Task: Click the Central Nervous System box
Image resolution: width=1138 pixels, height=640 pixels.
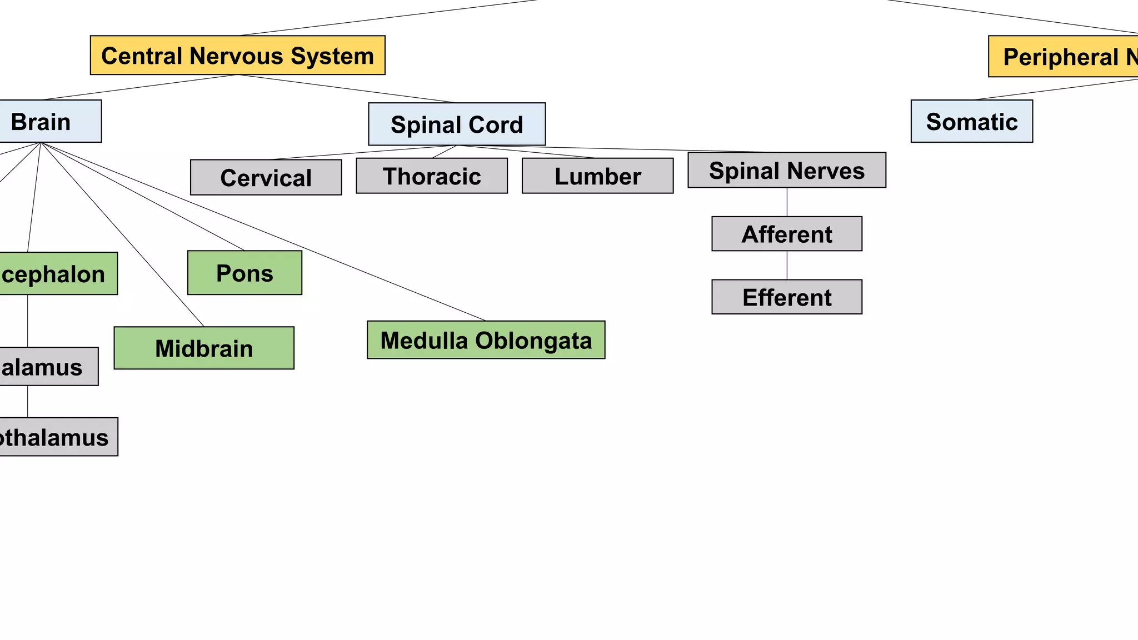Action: coord(237,56)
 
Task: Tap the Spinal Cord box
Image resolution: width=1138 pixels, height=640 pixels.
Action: coord(457,124)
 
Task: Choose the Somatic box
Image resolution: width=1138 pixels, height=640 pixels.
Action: coord(971,121)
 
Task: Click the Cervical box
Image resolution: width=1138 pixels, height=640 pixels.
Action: coord(266,177)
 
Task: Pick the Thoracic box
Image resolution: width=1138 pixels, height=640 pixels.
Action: coord(431,176)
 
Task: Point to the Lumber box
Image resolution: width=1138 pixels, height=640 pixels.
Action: coord(597,176)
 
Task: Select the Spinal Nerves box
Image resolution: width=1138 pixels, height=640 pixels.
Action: coord(786,170)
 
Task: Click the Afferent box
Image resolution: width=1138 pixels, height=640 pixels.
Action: coord(786,234)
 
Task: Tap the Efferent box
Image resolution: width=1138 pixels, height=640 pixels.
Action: coord(786,297)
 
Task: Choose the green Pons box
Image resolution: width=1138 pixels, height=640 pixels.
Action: coord(244,272)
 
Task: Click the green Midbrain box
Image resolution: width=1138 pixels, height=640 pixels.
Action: coord(204,348)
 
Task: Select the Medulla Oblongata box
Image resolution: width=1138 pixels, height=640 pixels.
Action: coord(486,339)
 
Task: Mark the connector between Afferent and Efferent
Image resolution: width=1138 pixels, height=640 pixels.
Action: coord(787,265)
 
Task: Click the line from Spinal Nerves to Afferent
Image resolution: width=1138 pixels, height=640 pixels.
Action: coord(787,202)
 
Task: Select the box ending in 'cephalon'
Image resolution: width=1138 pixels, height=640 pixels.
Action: coord(56,273)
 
